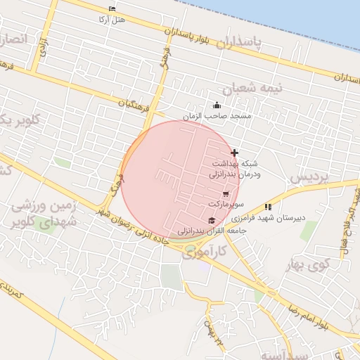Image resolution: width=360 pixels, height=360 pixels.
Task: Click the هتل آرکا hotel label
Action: tap(113, 19)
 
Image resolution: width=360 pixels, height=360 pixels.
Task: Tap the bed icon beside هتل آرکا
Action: tap(112, 8)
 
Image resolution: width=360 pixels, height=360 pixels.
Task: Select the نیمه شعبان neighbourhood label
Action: tap(252, 89)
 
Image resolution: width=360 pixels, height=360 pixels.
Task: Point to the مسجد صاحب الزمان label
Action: tap(217, 115)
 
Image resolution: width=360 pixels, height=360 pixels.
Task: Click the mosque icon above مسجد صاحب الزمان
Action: tap(216, 105)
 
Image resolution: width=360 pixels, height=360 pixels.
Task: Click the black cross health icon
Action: tap(234, 153)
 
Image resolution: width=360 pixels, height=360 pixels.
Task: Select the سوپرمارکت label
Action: tap(225, 204)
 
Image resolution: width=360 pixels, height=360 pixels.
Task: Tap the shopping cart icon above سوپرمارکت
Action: tap(225, 194)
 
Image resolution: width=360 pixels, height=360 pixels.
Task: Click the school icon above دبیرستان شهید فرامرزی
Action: tap(267, 207)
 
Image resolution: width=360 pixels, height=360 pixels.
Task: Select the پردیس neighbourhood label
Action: tap(309, 178)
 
